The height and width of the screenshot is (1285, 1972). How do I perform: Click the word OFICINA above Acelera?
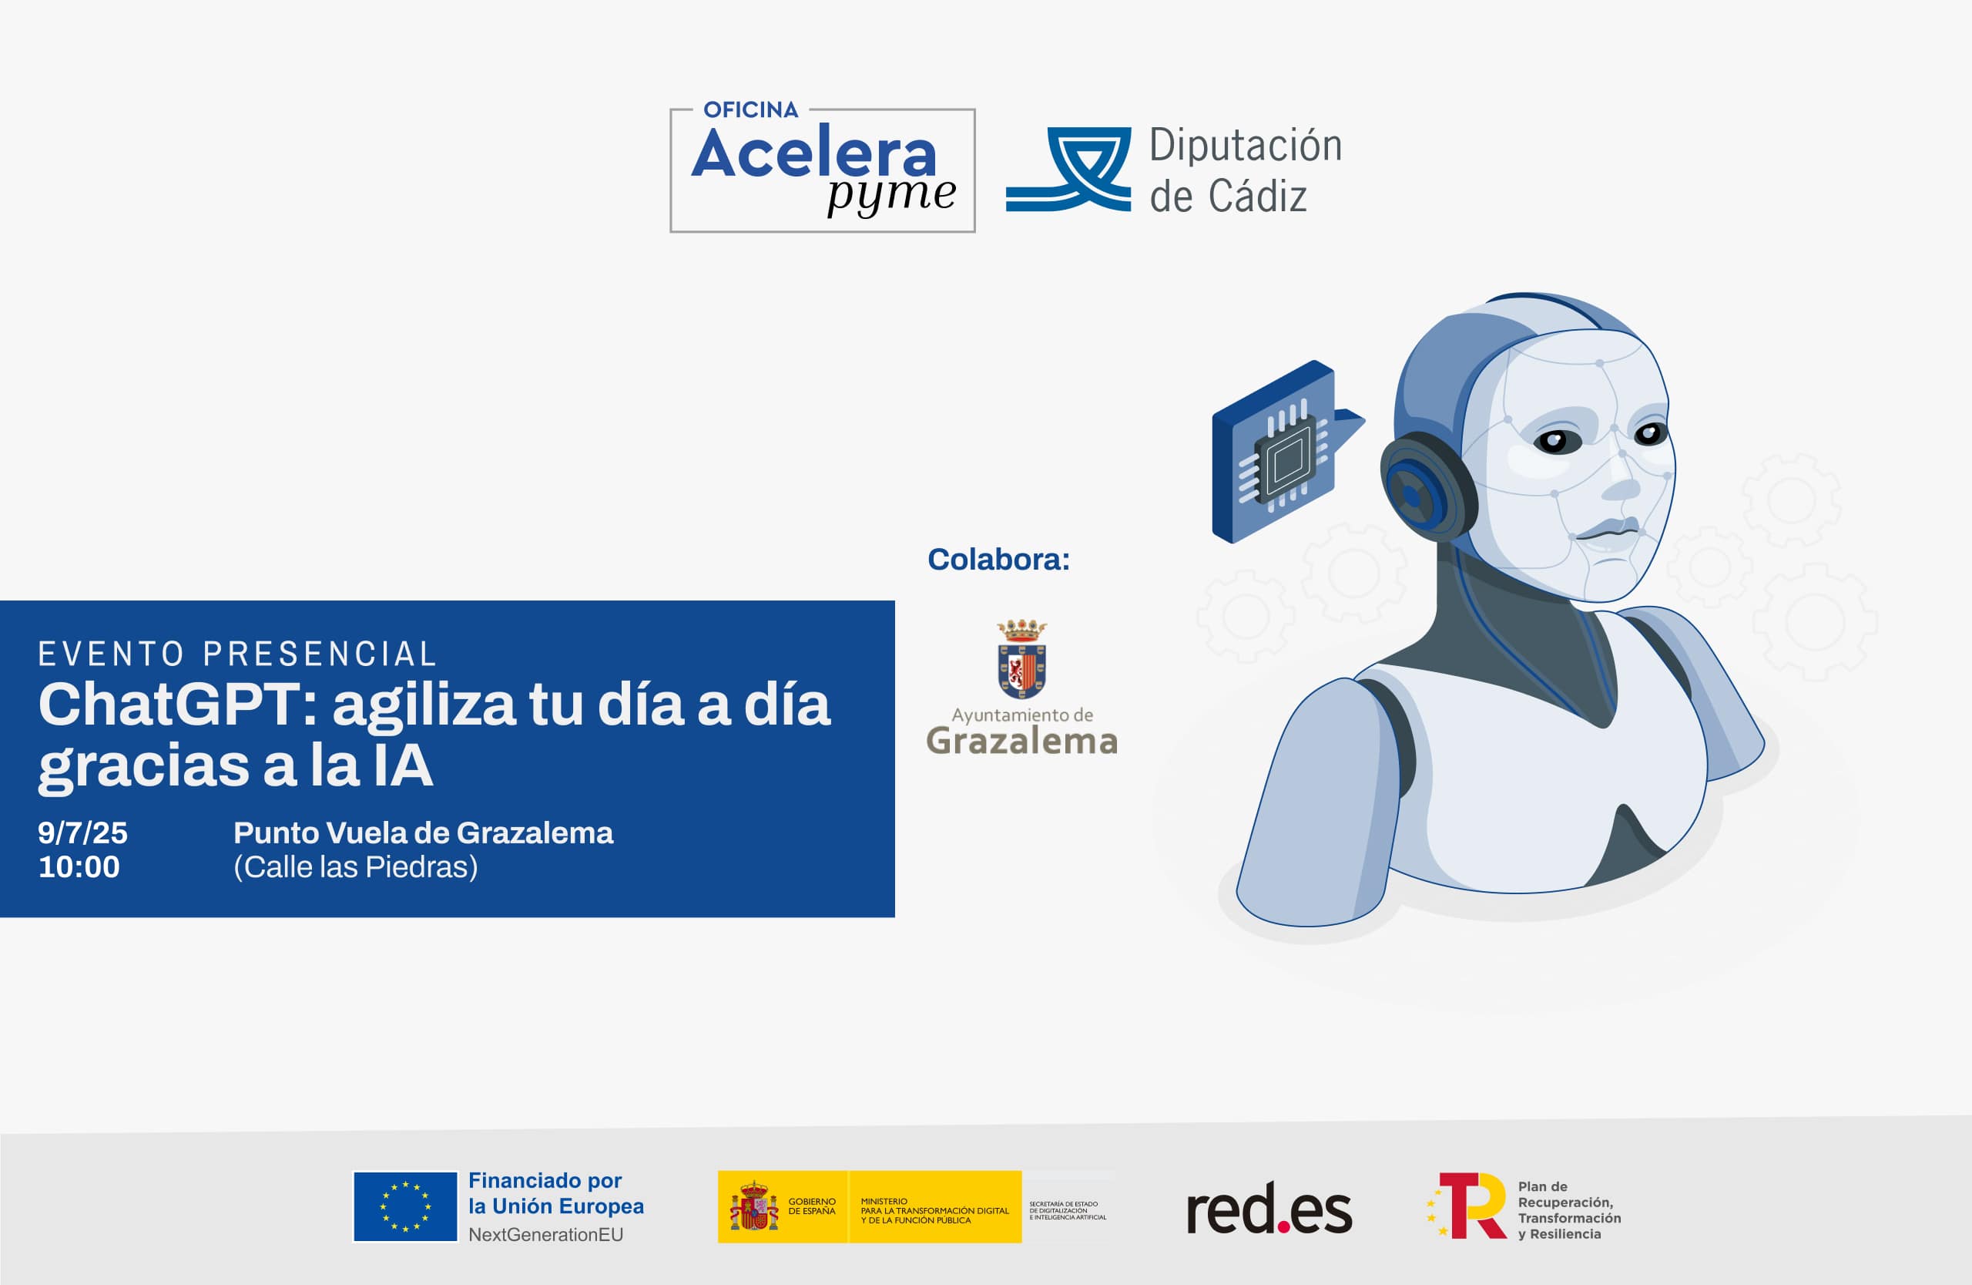[751, 109]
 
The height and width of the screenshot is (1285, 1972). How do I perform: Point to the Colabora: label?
[998, 560]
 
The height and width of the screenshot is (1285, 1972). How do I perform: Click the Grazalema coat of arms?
[1021, 659]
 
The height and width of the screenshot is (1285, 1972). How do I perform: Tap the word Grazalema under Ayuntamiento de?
[1021, 741]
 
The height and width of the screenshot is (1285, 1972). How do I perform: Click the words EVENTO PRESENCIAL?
[237, 654]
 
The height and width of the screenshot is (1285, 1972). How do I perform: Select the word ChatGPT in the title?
[171, 705]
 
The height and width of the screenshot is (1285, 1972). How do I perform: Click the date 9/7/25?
[83, 833]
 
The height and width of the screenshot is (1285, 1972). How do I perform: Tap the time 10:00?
[79, 867]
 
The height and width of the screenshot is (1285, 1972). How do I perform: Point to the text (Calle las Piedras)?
[355, 867]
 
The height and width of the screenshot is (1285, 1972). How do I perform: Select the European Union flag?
[405, 1206]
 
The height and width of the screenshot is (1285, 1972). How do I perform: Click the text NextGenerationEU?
[545, 1234]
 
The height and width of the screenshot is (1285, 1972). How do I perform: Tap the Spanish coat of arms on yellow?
[753, 1207]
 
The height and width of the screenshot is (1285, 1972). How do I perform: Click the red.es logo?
[1269, 1209]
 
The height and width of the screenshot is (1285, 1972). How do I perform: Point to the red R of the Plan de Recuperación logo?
[1475, 1206]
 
